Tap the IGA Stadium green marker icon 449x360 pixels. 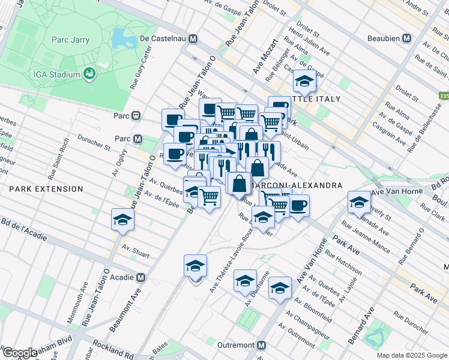[90, 74]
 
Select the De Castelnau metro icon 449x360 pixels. [193, 38]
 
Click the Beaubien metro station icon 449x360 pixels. [406, 38]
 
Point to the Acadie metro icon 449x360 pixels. [140, 278]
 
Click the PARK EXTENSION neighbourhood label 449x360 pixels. [46, 189]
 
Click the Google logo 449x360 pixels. [20, 353]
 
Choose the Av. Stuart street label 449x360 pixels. [135, 251]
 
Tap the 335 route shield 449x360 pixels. [444, 96]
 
